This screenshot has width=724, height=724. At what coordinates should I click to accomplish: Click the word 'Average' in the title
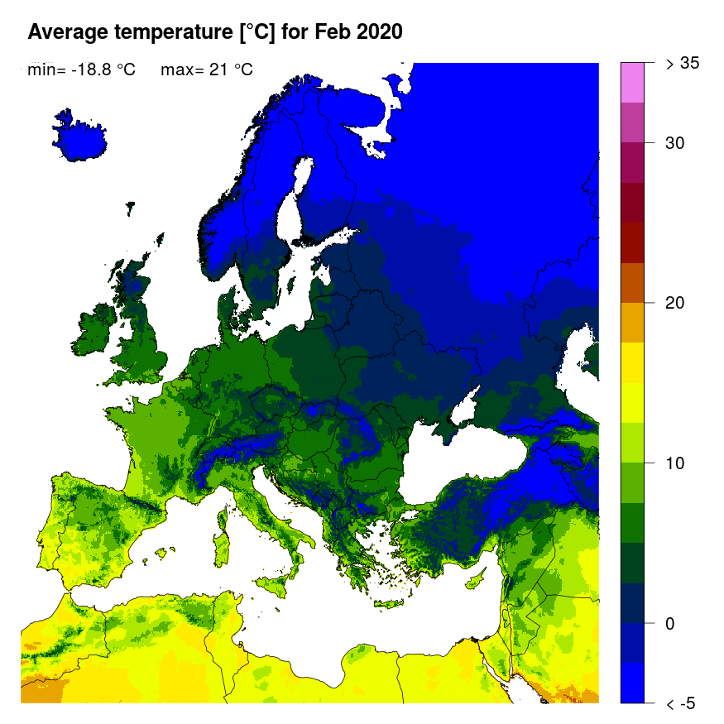click(x=68, y=32)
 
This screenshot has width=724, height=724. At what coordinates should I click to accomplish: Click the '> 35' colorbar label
click(x=683, y=64)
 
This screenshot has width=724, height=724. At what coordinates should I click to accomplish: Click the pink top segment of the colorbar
click(x=632, y=82)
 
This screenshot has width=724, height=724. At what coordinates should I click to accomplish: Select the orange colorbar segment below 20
click(x=632, y=323)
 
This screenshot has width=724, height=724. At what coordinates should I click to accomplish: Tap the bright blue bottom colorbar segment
click(x=632, y=683)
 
